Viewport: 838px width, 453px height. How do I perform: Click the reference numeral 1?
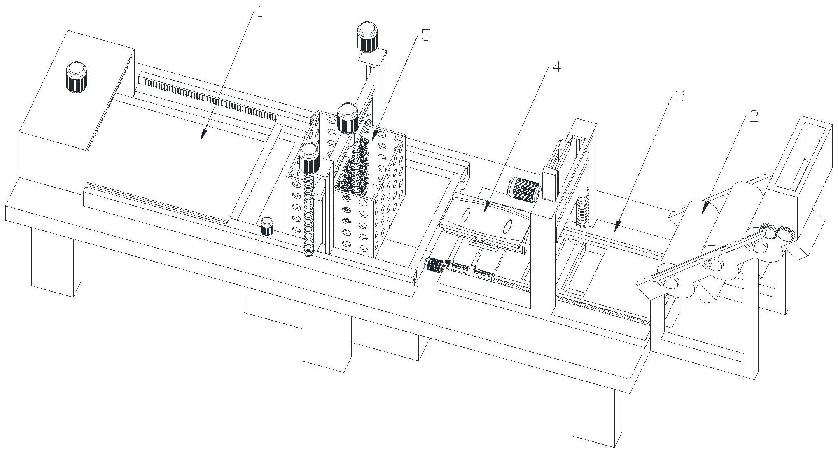click(x=259, y=12)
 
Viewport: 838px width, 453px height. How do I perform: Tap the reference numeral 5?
click(x=425, y=36)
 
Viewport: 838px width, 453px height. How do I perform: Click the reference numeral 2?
click(x=753, y=117)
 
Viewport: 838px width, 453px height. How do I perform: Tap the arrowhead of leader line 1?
click(x=202, y=137)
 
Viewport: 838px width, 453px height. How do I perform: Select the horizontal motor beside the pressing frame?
click(x=524, y=190)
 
